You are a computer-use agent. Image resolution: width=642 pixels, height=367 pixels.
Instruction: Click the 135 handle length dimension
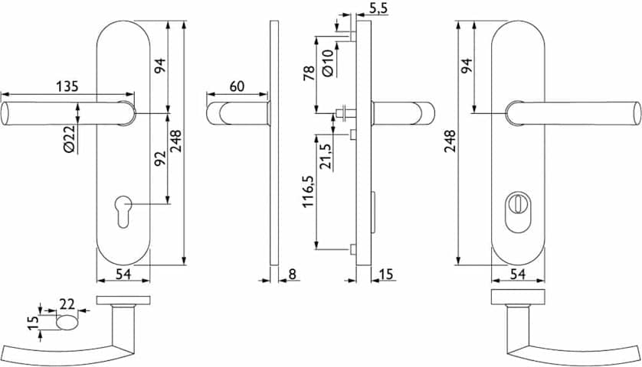click(67, 86)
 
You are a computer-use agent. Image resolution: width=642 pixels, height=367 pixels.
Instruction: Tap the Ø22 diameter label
click(70, 139)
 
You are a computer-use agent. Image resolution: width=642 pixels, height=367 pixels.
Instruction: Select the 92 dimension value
click(160, 158)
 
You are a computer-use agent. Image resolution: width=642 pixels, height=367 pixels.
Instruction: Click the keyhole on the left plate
click(123, 211)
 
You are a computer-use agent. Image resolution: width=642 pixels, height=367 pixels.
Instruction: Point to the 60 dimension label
click(237, 86)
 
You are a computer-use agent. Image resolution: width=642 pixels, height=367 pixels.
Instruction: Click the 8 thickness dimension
click(292, 274)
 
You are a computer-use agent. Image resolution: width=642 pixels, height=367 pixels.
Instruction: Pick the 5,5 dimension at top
click(378, 8)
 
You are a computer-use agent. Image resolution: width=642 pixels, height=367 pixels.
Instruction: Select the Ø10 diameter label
click(329, 63)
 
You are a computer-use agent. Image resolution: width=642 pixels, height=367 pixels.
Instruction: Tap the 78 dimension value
click(310, 73)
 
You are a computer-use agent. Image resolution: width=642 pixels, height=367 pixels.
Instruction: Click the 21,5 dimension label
click(326, 157)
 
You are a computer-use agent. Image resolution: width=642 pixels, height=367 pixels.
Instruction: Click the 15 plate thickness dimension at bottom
click(385, 274)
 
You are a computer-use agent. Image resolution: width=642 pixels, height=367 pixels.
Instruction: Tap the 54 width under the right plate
click(518, 274)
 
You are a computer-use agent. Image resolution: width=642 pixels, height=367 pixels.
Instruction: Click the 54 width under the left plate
click(123, 274)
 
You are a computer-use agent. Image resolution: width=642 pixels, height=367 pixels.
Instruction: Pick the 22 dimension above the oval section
click(67, 304)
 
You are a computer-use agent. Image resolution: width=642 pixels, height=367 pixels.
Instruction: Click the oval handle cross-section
click(67, 323)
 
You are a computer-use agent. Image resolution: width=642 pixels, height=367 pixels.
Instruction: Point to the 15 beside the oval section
click(34, 323)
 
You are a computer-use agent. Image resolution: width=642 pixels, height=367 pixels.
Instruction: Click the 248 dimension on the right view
click(450, 141)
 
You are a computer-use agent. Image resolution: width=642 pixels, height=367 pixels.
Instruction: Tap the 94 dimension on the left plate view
click(160, 66)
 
